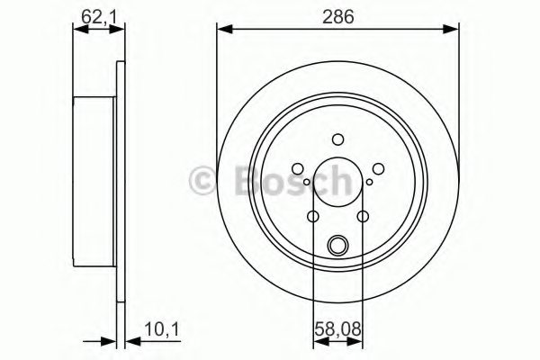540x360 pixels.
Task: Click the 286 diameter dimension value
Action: (x=337, y=15)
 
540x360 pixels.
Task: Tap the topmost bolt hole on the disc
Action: (x=337, y=139)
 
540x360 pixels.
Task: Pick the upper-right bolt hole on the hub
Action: (x=378, y=168)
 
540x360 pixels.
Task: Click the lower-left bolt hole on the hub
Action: (x=312, y=216)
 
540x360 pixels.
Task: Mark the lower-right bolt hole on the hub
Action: (x=362, y=216)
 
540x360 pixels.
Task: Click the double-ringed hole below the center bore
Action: (x=337, y=243)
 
